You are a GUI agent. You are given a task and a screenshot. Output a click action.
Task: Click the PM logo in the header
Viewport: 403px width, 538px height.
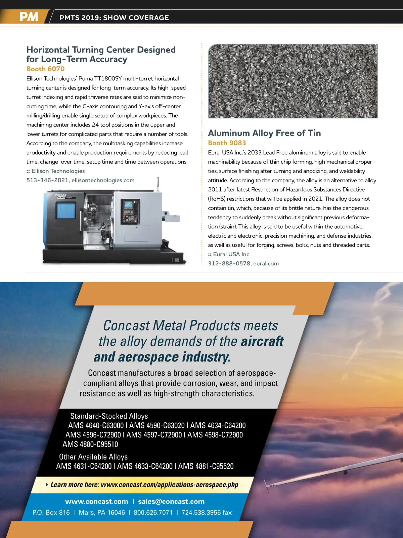click(x=29, y=17)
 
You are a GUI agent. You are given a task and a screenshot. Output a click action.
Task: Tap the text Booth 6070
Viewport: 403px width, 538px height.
click(x=45, y=69)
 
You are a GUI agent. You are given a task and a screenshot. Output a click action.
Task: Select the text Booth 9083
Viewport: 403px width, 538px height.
click(x=227, y=143)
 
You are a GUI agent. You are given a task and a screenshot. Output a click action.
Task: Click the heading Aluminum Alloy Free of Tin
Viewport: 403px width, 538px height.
click(x=264, y=133)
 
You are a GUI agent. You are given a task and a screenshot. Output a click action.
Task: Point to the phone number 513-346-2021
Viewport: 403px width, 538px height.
click(x=47, y=180)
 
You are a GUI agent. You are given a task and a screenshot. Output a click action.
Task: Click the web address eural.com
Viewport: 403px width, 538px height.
click(x=266, y=264)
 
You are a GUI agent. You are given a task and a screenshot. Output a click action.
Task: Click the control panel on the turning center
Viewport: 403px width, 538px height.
click(x=130, y=212)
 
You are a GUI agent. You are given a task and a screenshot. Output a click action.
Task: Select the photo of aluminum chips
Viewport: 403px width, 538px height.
click(x=293, y=81)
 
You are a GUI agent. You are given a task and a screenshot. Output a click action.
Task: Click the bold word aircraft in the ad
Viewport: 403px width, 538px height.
click(x=262, y=341)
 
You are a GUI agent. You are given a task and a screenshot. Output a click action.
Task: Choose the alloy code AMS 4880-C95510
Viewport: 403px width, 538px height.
click(x=90, y=444)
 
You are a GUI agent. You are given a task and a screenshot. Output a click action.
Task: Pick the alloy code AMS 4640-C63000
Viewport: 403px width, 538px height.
click(x=96, y=425)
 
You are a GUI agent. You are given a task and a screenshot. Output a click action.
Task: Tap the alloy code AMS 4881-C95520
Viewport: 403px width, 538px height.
click(x=206, y=466)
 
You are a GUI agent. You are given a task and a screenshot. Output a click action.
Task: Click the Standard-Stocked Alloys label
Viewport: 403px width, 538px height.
click(x=109, y=416)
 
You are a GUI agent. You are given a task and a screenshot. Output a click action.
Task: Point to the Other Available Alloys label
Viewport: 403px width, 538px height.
click(x=93, y=457)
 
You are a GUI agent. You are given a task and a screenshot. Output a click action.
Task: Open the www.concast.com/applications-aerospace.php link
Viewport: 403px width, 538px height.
click(x=169, y=485)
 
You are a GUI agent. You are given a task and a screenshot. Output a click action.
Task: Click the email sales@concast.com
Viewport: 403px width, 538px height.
click(x=171, y=501)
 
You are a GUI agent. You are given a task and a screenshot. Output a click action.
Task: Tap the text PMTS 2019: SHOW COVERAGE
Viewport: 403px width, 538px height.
click(x=114, y=17)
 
